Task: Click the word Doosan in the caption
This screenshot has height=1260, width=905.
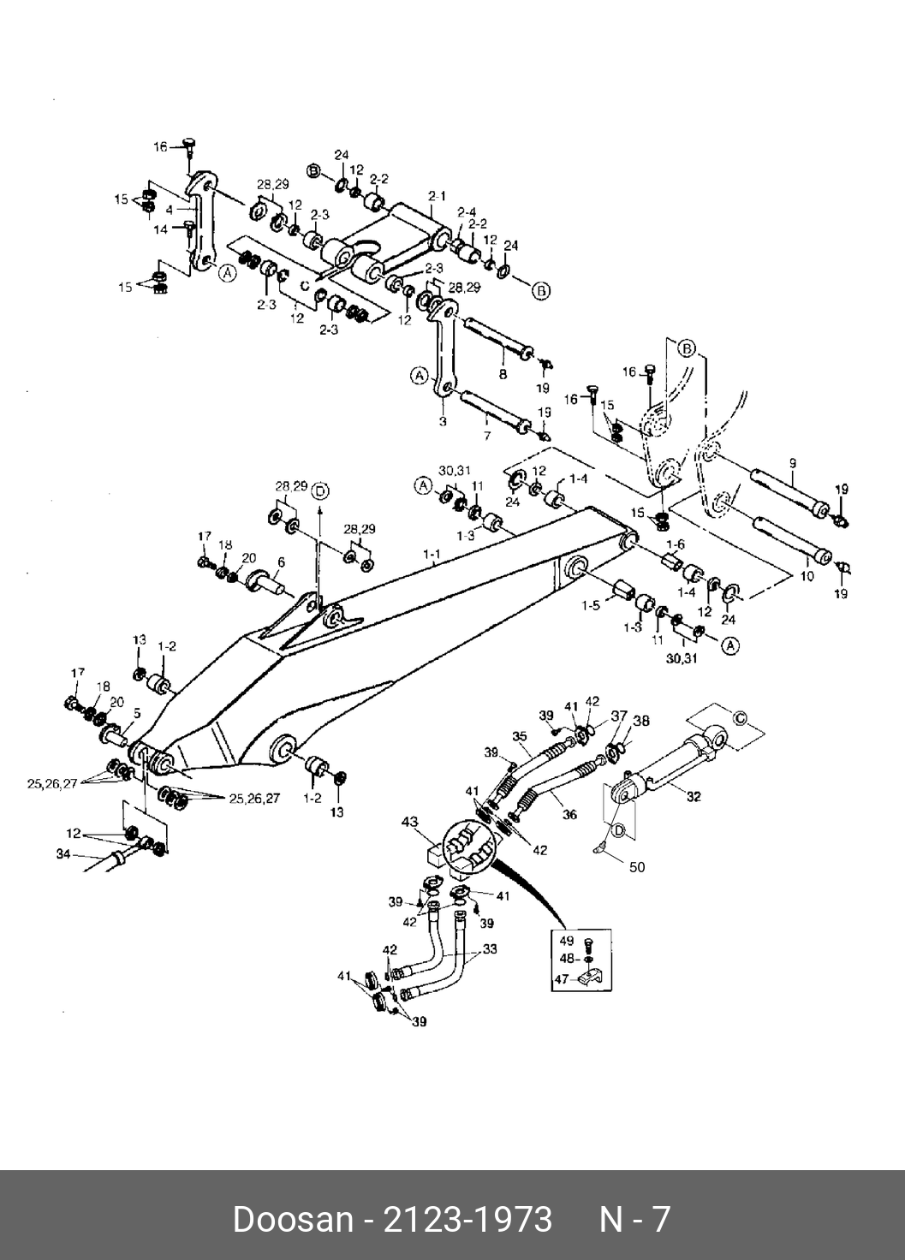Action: click(x=294, y=1219)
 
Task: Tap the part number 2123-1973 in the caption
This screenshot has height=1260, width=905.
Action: click(x=468, y=1219)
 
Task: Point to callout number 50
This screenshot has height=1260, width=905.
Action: click(x=636, y=867)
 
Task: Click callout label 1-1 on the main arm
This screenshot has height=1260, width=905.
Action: click(x=432, y=554)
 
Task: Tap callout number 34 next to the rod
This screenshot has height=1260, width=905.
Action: click(x=63, y=853)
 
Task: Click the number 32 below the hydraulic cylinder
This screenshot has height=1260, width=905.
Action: click(x=694, y=796)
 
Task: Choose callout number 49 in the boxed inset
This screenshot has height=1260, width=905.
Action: click(x=566, y=941)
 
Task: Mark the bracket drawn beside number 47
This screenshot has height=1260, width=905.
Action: click(x=592, y=977)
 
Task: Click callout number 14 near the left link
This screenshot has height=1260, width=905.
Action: click(x=162, y=229)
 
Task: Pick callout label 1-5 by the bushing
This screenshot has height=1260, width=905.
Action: click(x=590, y=606)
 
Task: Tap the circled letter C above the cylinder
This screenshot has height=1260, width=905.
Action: click(x=741, y=717)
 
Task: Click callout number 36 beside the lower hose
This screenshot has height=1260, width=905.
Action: click(x=569, y=815)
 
